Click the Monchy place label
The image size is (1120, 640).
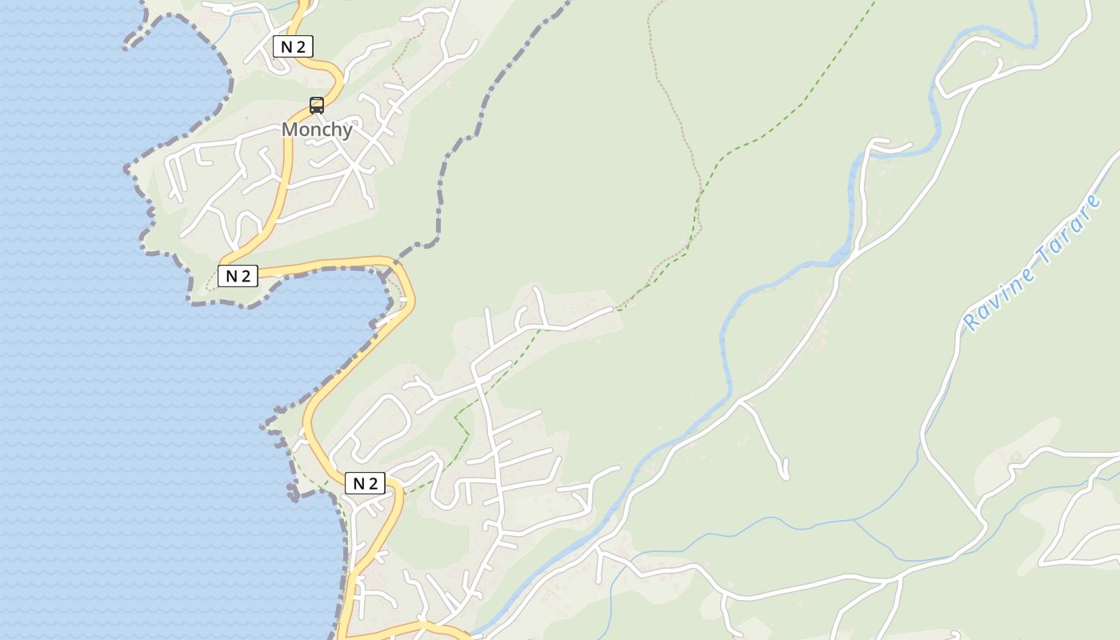pyautogui.click(x=317, y=130)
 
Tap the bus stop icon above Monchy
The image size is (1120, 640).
pyautogui.click(x=317, y=106)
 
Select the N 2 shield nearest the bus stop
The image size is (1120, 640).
pyautogui.click(x=293, y=46)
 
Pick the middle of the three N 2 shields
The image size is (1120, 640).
pyautogui.click(x=238, y=276)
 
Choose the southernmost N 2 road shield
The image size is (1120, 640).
pyautogui.click(x=365, y=483)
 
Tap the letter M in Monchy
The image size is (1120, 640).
pyautogui.click(x=290, y=130)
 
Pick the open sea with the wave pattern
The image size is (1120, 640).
pyautogui.click(x=120, y=360)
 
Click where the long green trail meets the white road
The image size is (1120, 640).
pyautogui.click(x=614, y=309)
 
